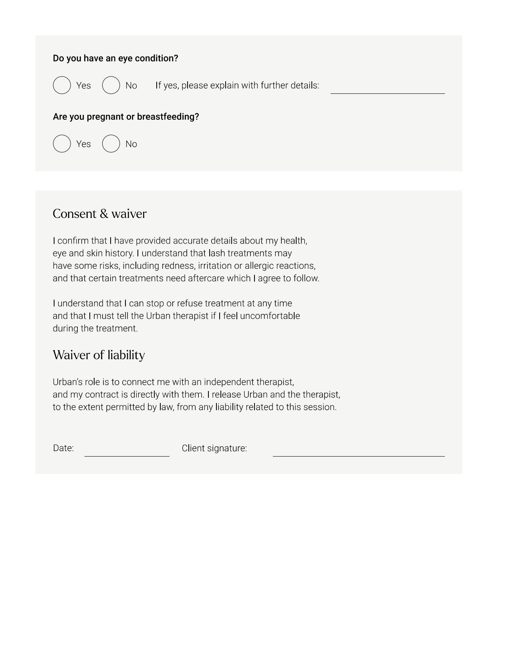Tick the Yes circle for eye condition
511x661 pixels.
[x=62, y=85]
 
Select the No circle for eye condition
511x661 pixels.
[x=111, y=85]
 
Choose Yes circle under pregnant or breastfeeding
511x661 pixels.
[x=62, y=144]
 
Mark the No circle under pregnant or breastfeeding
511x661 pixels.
[x=111, y=144]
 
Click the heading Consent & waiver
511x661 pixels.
[x=100, y=214]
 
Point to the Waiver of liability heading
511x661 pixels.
[x=99, y=355]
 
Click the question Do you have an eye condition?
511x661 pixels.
[x=115, y=58]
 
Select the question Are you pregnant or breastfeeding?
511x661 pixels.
[x=126, y=117]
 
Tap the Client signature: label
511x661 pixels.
[x=214, y=448]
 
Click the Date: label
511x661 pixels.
[x=63, y=448]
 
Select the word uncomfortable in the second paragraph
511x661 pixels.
[x=270, y=316]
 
